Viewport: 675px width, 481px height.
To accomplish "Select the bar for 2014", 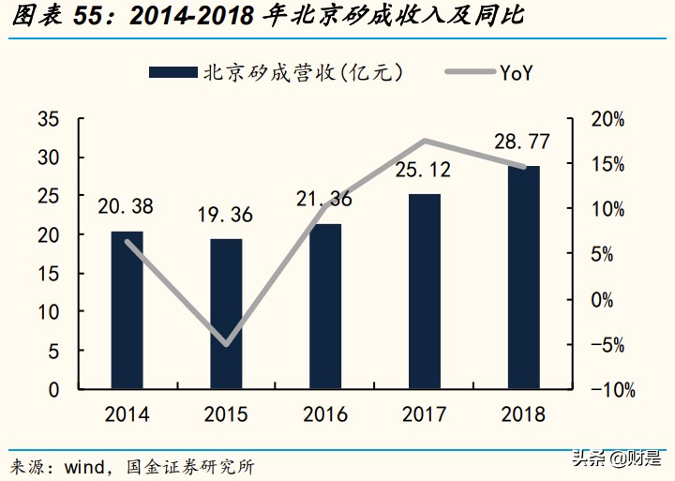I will [127, 309].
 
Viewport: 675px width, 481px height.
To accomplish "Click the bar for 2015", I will [226, 313].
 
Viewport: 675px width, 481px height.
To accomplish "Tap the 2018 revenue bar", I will [523, 277].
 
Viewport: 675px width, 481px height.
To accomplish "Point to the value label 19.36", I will [225, 215].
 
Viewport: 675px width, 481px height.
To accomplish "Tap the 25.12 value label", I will [423, 170].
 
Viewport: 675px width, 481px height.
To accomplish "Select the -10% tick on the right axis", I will [604, 389].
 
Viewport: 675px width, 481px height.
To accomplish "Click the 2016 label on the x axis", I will [325, 414].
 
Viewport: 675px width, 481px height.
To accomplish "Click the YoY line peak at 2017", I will [425, 141].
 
